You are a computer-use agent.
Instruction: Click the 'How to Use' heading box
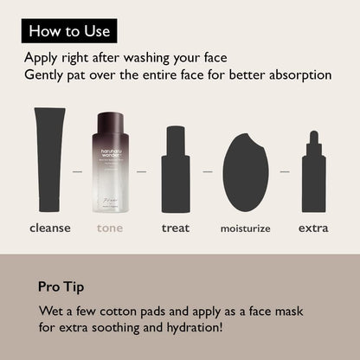pos(69,32)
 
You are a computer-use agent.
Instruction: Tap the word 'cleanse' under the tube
pos(50,228)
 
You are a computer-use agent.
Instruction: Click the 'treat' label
pos(176,228)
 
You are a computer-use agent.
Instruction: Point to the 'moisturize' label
pos(245,229)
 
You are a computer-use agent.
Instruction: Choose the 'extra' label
pos(313,228)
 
